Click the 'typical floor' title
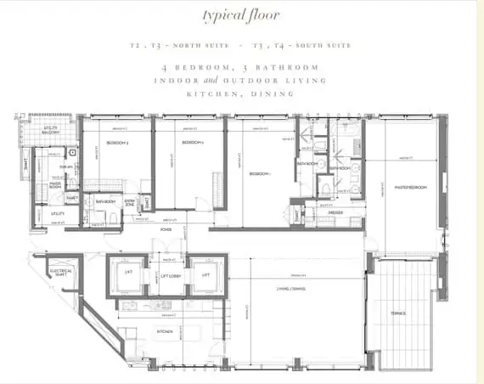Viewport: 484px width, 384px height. click(242, 15)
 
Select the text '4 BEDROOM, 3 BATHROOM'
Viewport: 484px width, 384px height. click(242, 67)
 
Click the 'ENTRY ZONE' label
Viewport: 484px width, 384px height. click(130, 202)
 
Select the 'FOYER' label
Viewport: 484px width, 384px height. click(167, 229)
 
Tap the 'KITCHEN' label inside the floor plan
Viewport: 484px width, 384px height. click(165, 330)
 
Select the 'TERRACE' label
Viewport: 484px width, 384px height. click(397, 313)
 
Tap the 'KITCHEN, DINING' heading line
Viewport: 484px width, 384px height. click(242, 93)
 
